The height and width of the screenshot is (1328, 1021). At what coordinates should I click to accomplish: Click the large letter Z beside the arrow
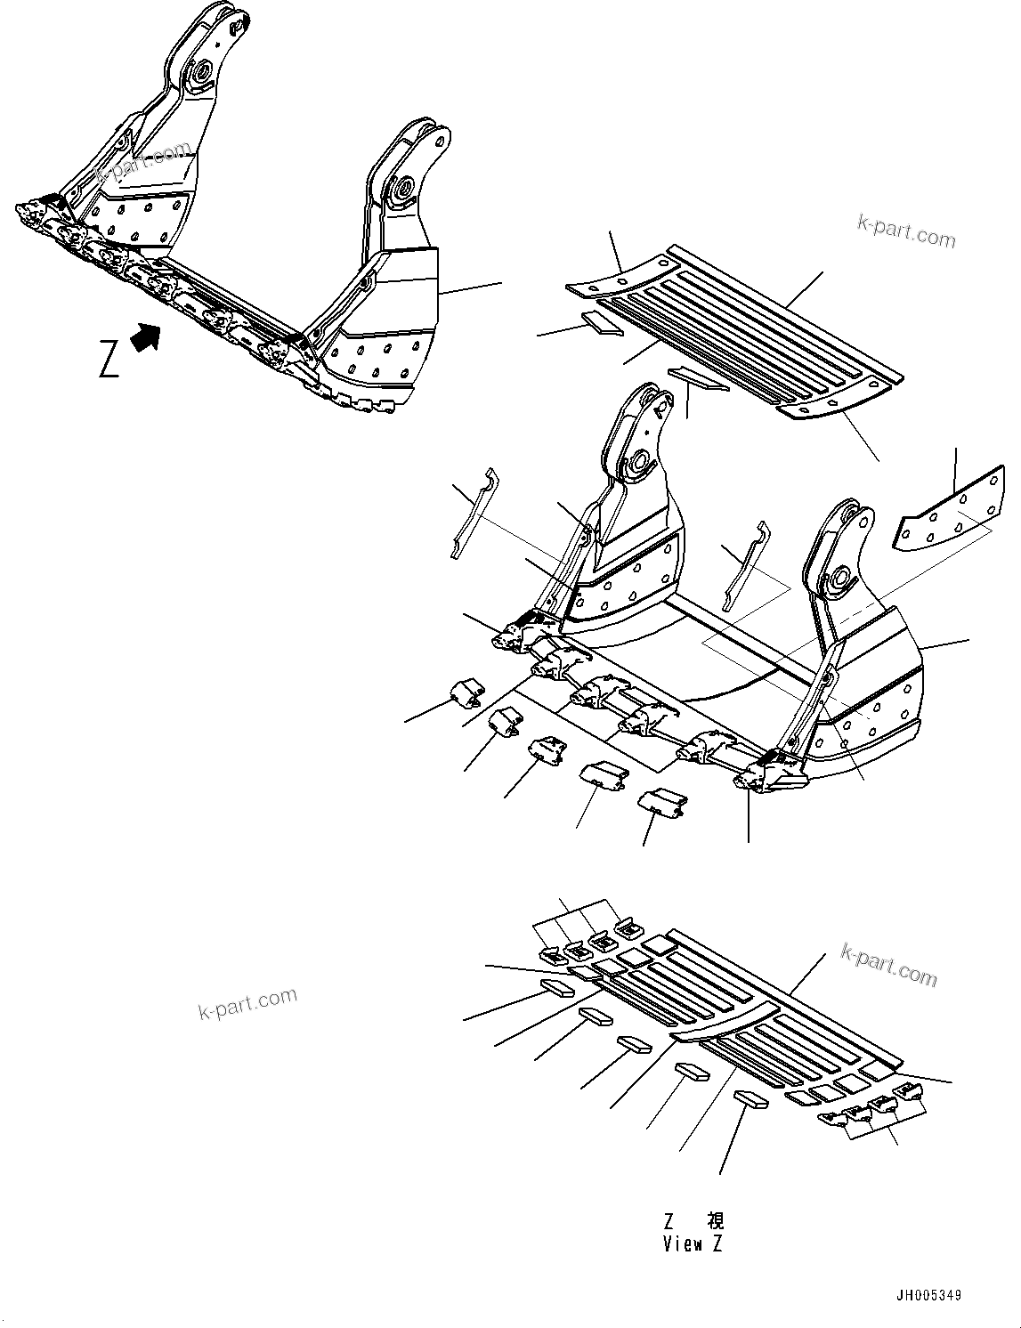(109, 358)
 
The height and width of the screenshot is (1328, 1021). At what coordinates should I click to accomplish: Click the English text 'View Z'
(693, 1243)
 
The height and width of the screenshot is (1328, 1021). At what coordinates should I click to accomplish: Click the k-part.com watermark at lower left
(247, 1004)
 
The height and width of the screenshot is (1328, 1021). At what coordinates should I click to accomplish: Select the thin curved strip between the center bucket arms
(743, 565)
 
